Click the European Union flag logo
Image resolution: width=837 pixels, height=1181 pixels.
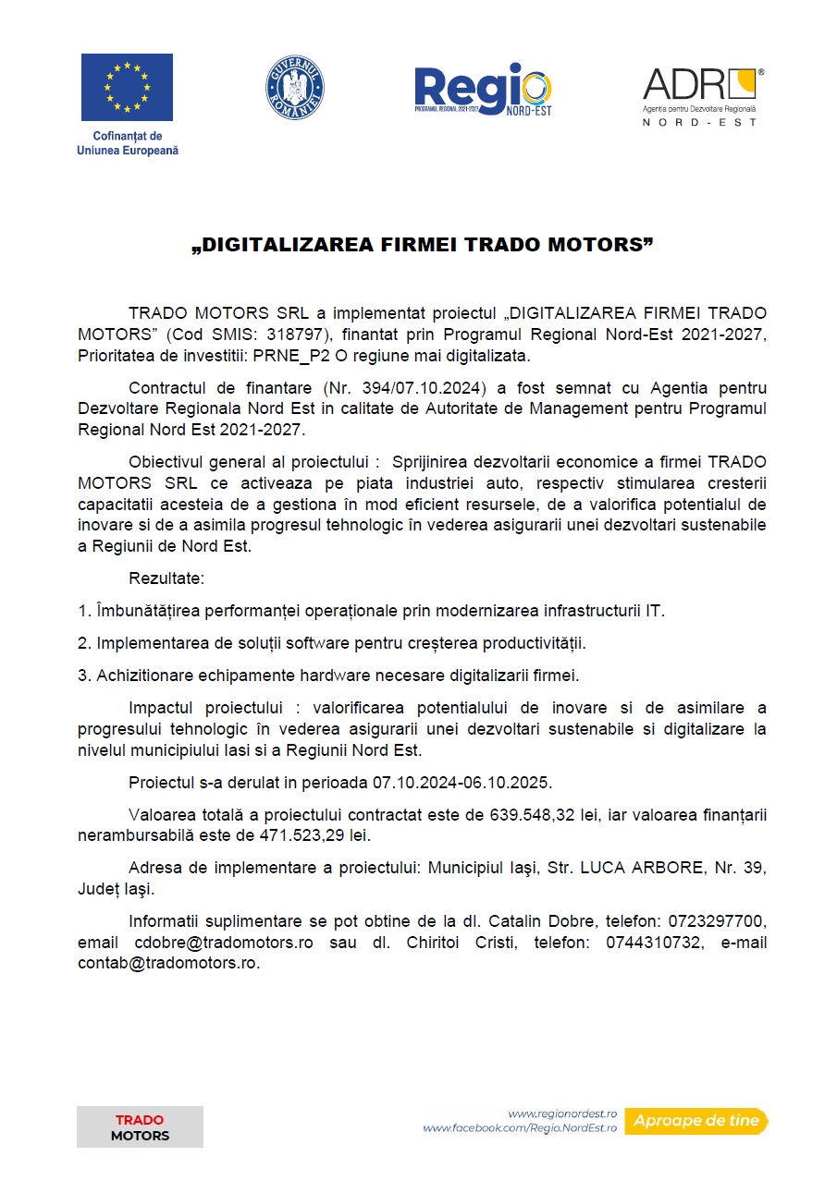127,87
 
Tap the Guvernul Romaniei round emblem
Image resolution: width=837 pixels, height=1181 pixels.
295,87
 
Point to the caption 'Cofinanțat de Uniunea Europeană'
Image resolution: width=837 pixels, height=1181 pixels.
127,143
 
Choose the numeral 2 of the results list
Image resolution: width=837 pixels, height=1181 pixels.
82,642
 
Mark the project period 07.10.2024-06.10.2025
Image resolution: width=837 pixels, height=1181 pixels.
462,782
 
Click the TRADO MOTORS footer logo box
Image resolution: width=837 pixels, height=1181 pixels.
140,1127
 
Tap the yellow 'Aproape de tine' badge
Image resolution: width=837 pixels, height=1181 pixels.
695,1121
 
